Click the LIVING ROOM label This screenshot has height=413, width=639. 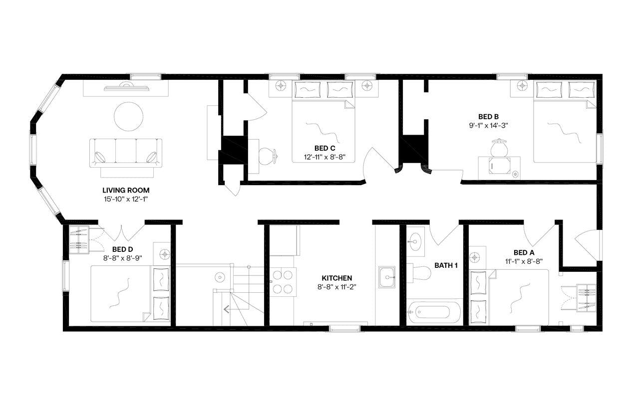point(126,190)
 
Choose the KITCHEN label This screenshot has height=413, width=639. point(336,278)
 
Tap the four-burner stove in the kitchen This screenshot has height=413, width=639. point(283,281)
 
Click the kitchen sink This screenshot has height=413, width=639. point(387,277)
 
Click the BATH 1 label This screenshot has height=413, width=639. point(446,265)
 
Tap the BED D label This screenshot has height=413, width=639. point(122,249)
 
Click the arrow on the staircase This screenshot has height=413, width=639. point(227,309)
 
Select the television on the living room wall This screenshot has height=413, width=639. point(126,88)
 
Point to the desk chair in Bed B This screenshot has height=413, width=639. point(498,148)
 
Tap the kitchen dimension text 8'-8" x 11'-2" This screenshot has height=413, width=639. point(336,286)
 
